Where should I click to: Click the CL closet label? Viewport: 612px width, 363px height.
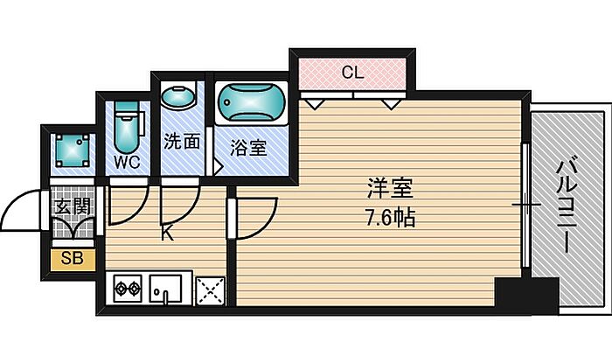coord(352,73)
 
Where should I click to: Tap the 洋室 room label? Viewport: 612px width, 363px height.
coord(390,189)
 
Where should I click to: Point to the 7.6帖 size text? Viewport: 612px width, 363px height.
coord(390,218)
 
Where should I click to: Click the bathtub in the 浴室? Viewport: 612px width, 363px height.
coord(252,102)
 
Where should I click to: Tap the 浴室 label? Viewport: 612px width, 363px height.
coord(248,148)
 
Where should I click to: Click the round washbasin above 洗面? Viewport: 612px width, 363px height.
coord(178,96)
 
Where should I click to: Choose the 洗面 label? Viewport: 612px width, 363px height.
coord(182,141)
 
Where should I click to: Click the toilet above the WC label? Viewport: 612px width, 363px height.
coord(126,128)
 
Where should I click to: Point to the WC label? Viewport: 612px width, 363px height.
coord(128,163)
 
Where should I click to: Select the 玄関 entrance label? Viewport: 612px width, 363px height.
coord(73,206)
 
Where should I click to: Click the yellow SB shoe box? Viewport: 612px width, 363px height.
coord(73,260)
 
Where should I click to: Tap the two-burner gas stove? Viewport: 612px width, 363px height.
coord(128,289)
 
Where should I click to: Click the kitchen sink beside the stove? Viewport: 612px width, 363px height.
coord(166,289)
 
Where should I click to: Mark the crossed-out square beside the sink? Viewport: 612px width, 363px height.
coord(211,290)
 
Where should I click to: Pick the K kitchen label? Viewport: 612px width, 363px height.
coord(168,234)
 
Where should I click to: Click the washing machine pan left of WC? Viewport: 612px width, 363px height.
coord(73,150)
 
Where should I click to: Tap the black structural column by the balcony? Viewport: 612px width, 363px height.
coord(526,296)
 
